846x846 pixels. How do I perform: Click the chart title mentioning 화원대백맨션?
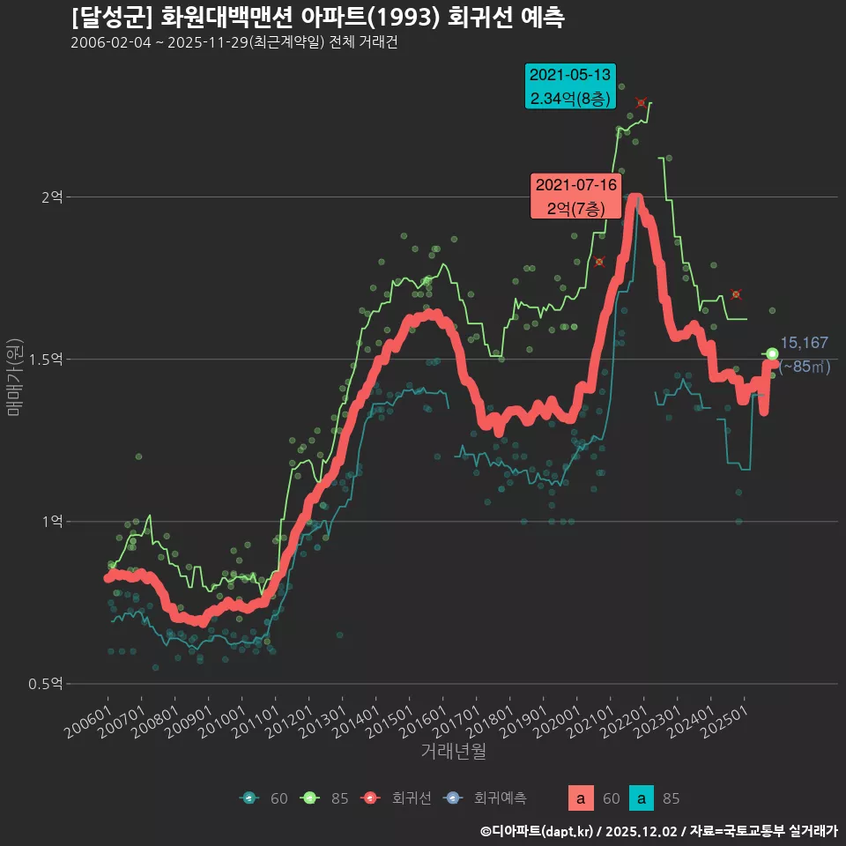pos(317,18)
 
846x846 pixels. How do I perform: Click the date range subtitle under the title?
pos(234,43)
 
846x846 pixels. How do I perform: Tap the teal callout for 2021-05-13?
pos(570,86)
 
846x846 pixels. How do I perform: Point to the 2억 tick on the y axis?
pos(52,197)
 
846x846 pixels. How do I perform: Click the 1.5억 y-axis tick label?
pos(46,360)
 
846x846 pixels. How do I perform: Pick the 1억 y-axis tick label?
pos(52,522)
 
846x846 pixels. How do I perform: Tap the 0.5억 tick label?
pos(46,684)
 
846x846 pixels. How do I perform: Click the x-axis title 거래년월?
pos(453,752)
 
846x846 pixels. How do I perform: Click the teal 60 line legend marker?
pos(249,798)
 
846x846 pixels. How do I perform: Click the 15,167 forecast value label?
pos(804,343)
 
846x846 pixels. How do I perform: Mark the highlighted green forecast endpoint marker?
pos(772,354)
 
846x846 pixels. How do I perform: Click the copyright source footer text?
pos(657,831)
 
